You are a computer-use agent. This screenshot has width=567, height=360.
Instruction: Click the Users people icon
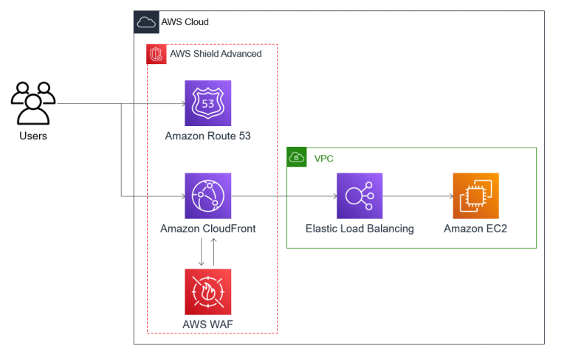33,103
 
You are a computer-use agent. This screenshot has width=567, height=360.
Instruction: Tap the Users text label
33,136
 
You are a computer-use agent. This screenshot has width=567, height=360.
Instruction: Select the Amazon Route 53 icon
207,103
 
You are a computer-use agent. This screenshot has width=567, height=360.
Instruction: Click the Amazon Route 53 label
207,136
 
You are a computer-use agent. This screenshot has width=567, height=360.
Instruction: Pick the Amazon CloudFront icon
207,196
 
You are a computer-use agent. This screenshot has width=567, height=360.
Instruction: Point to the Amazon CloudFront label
207,229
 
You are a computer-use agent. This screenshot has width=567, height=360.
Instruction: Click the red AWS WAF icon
207,291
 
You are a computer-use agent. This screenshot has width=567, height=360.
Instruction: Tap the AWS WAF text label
207,325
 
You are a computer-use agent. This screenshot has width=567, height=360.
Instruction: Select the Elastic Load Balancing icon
360,196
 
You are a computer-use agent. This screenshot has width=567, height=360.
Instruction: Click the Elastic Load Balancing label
360,229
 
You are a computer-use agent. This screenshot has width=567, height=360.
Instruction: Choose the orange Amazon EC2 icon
475,196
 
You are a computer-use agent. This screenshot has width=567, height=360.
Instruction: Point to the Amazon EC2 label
475,229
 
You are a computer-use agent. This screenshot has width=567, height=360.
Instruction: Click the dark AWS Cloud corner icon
146,22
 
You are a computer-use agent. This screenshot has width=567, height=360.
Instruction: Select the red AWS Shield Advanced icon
157,54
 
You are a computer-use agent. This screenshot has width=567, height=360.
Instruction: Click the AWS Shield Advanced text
216,54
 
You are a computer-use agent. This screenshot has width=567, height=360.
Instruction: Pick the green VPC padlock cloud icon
297,157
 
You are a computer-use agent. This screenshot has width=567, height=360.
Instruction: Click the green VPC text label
323,158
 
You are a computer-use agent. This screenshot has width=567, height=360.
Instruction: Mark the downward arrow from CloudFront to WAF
201,253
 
